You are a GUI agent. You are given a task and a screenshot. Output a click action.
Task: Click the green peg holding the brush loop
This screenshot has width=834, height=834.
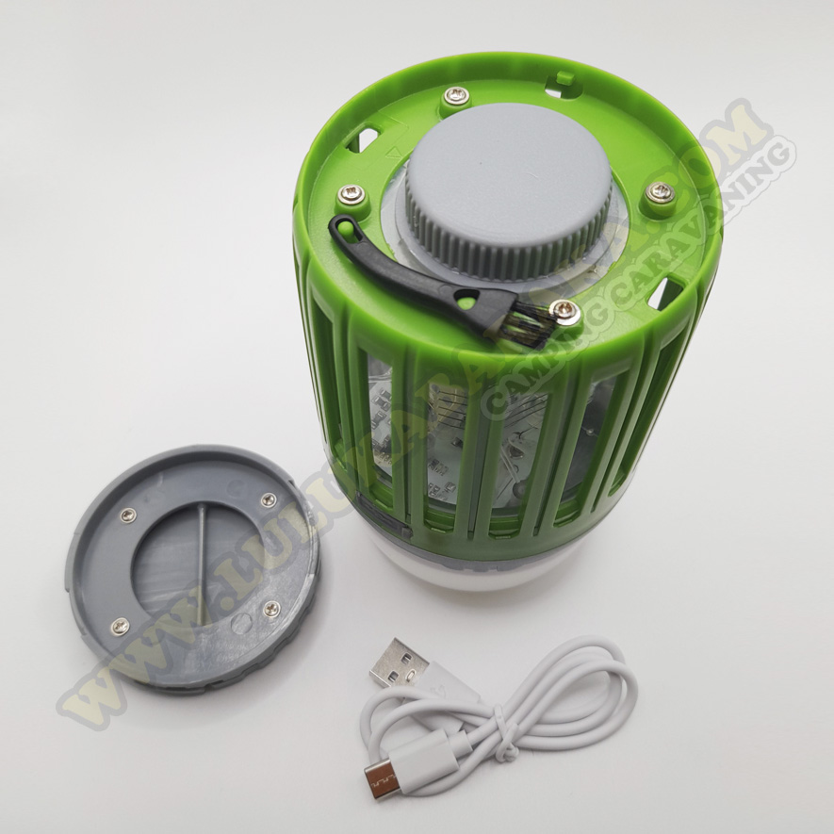(340, 226)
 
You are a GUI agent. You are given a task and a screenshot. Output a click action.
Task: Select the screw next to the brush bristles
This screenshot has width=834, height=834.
(564, 308)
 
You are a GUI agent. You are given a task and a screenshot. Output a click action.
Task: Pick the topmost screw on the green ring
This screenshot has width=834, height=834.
(457, 95)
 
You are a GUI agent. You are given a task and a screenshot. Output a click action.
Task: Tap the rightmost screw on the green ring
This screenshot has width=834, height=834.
(660, 193)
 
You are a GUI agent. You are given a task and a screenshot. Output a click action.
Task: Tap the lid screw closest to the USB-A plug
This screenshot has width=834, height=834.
(270, 608)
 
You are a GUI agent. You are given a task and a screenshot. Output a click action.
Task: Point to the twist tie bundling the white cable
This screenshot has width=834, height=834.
(508, 748)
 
